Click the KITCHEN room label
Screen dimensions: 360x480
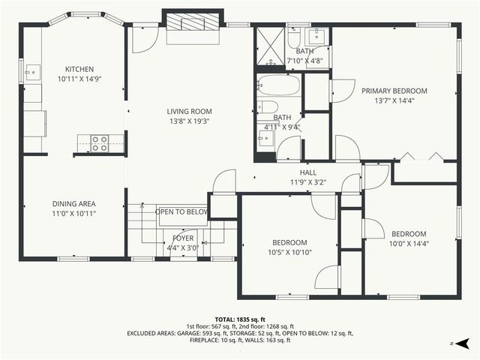pyautogui.click(x=79, y=69)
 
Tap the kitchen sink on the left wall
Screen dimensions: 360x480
pyautogui.click(x=31, y=73)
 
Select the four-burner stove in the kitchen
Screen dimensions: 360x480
pyautogui.click(x=99, y=142)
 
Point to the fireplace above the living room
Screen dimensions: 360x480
pyautogui.click(x=193, y=22)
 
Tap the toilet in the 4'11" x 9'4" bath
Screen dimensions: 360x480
pyautogui.click(x=268, y=106)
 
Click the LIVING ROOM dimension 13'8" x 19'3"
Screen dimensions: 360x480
pyautogui.click(x=189, y=120)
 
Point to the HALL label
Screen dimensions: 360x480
pyautogui.click(x=298, y=172)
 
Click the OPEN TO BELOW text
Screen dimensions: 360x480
pyautogui.click(x=181, y=212)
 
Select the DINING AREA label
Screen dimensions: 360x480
pyautogui.click(x=73, y=203)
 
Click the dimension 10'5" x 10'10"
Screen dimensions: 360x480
pyautogui.click(x=289, y=252)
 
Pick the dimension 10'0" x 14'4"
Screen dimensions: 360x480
pyautogui.click(x=408, y=243)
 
